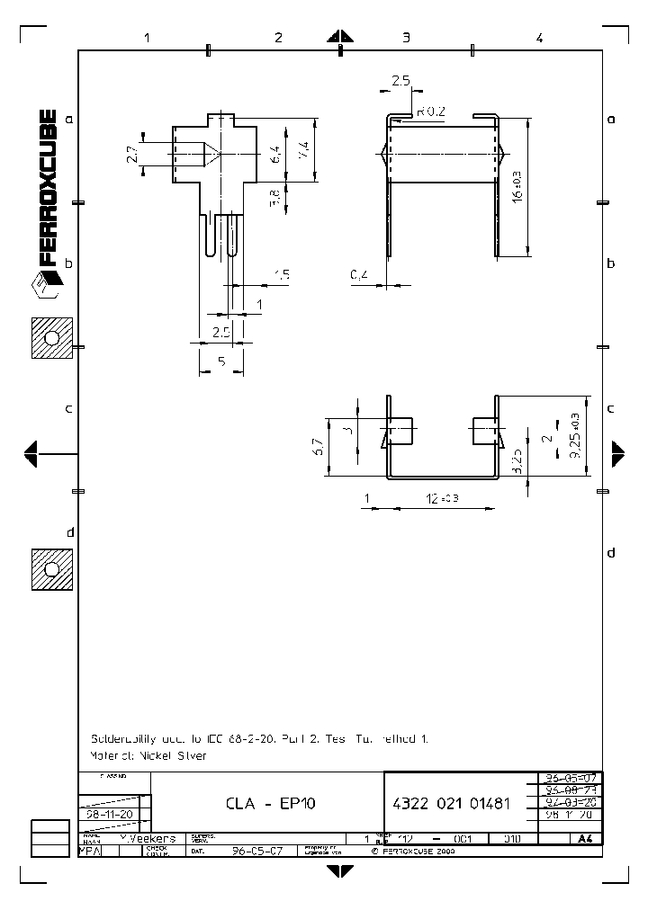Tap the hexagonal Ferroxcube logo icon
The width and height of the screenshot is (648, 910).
coord(46,287)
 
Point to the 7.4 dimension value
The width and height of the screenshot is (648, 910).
coord(304,147)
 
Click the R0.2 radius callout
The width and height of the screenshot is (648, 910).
coord(431,112)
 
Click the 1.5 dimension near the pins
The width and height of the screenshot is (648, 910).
coord(282,275)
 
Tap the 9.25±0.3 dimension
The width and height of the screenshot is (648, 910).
coord(575,435)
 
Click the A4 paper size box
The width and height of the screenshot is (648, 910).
coord(585,838)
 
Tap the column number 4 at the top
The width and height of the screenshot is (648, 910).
coord(538,38)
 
